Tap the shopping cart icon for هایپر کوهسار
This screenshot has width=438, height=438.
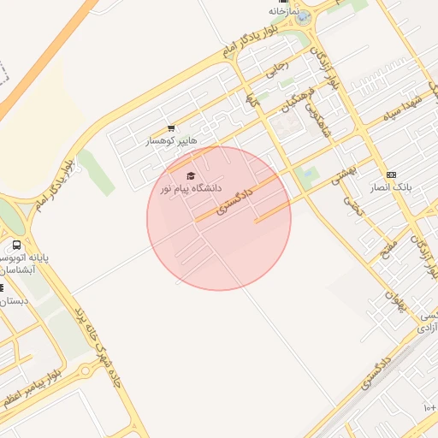click(171, 129)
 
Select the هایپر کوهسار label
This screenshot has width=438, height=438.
click(171, 140)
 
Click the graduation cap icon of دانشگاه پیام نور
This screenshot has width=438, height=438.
click(190, 175)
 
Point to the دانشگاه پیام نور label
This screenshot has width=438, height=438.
click(190, 187)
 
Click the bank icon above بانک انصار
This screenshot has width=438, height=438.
click(392, 175)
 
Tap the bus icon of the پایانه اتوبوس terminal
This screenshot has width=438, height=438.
click(17, 245)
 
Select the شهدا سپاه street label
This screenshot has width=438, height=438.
click(403, 112)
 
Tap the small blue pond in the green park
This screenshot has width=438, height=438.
click(306, 176)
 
